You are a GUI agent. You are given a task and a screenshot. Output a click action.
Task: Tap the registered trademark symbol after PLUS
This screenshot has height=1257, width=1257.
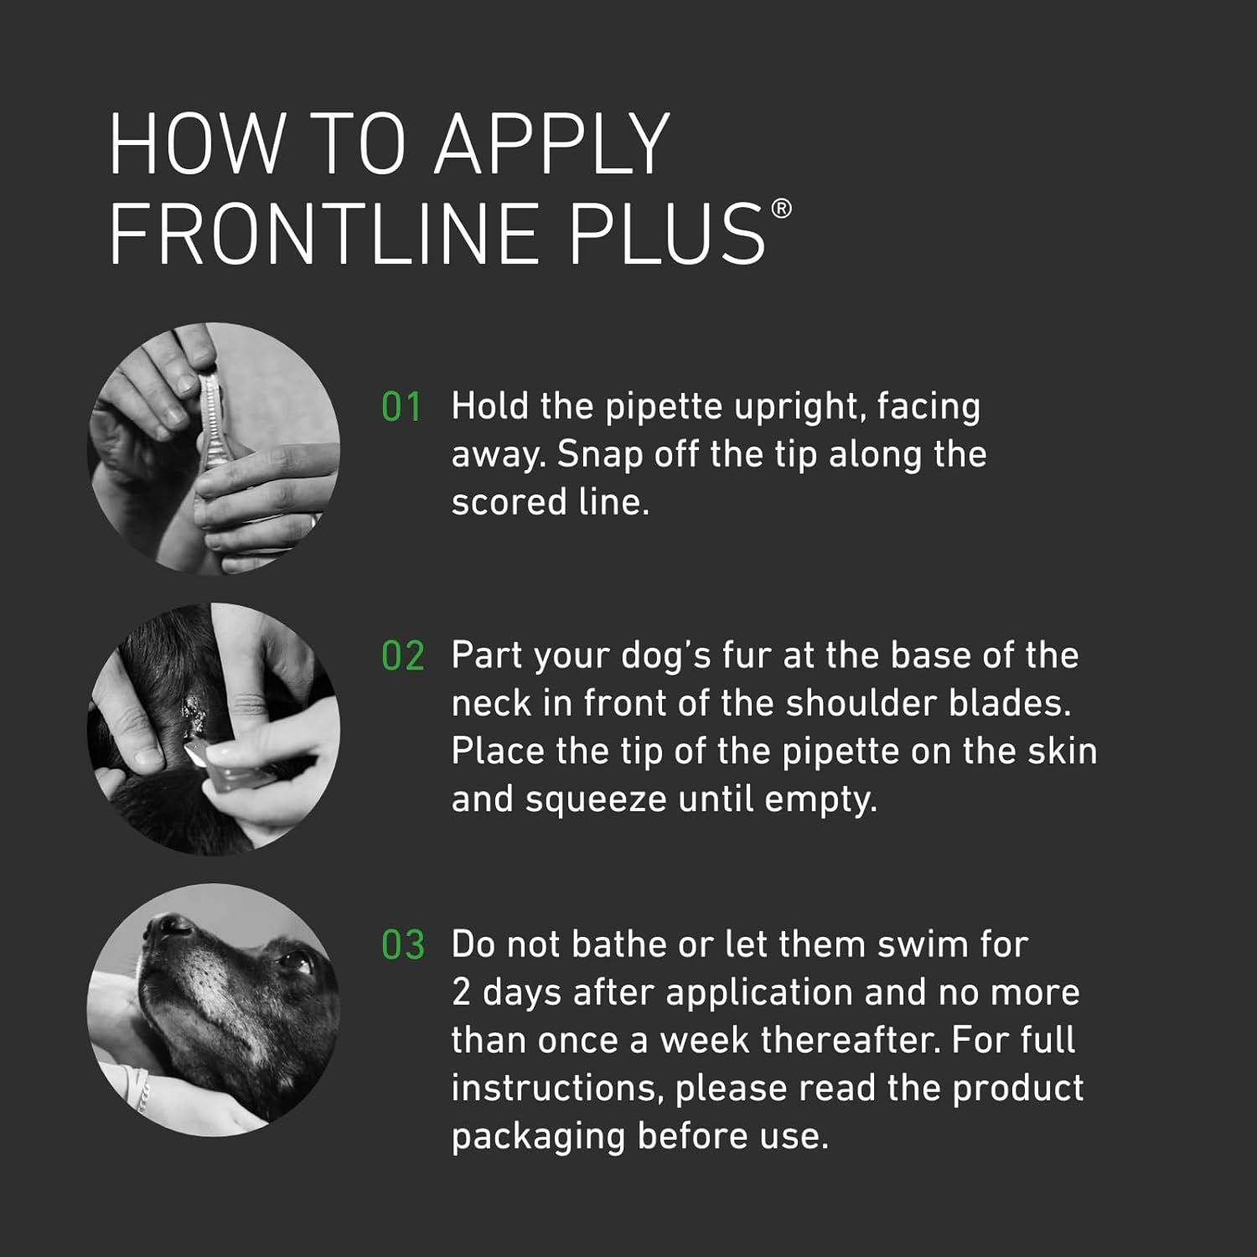pos(780,209)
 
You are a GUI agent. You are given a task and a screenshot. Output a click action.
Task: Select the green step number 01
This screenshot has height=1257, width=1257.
pos(401,407)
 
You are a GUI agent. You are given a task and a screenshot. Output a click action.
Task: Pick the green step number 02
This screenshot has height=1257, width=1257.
pos(402,656)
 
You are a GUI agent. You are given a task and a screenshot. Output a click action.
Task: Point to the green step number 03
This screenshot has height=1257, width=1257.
pos(402,945)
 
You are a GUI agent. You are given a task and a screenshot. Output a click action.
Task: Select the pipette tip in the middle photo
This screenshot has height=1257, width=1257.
pos(195,756)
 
